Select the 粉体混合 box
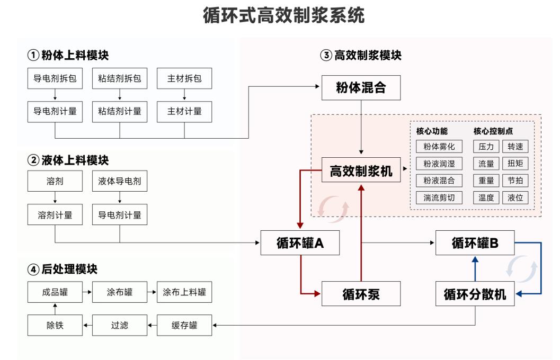tap(361, 88)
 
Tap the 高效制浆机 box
tap(361, 171)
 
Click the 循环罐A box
tap(300, 243)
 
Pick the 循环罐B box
tap(475, 243)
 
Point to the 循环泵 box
tap(361, 294)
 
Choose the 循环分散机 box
tap(475, 294)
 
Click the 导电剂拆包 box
tap(55, 79)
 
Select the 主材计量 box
tap(184, 111)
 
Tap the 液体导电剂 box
tap(120, 181)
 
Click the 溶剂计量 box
tap(55, 215)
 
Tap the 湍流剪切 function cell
tap(439, 198)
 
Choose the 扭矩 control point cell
tap(515, 164)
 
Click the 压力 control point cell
tap(486, 147)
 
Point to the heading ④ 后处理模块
tap(63, 269)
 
